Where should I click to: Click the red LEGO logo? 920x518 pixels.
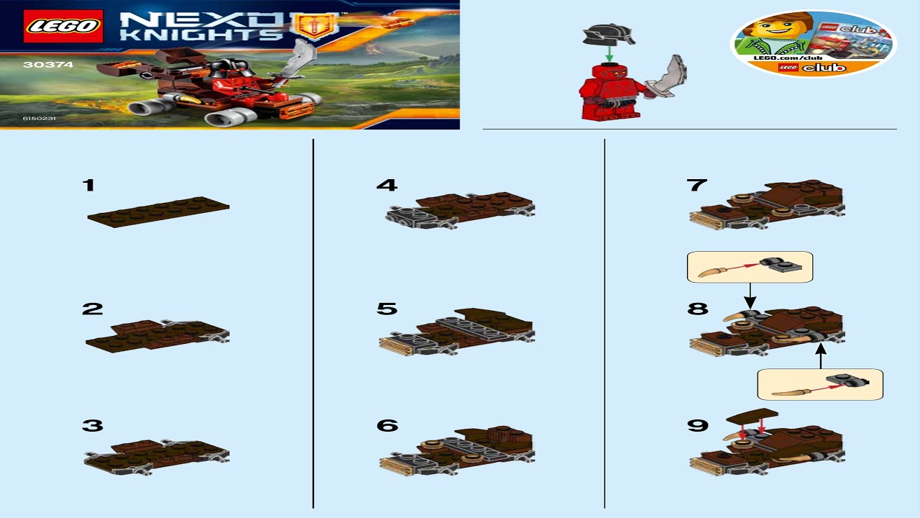tap(63, 27)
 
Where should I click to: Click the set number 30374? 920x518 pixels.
tap(38, 64)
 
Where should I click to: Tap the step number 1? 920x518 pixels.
tap(88, 186)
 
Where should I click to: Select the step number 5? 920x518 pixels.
tap(387, 309)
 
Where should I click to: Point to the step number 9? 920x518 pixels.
tap(697, 425)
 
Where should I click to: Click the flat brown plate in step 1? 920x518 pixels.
tap(158, 212)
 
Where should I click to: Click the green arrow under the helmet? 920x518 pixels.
tap(609, 54)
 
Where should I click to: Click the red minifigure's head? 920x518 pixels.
tap(609, 73)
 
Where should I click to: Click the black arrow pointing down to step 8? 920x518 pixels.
tap(750, 294)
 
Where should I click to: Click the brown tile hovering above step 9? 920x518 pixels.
tap(752, 416)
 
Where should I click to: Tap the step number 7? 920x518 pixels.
tap(697, 185)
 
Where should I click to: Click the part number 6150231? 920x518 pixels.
tap(39, 117)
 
